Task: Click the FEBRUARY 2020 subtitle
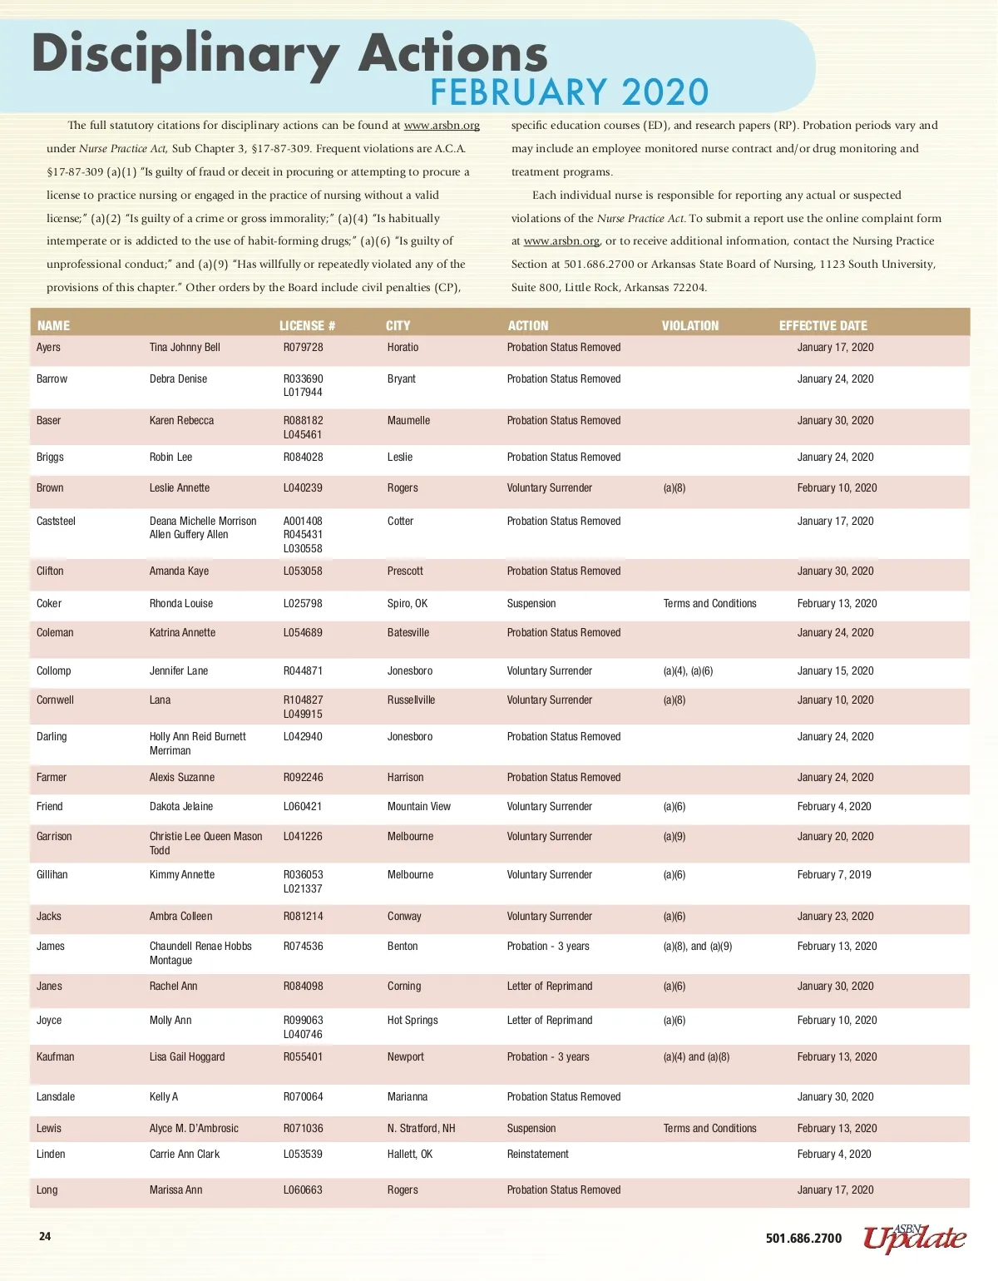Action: point(569,92)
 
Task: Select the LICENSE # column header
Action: point(307,326)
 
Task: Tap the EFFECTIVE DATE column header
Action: point(823,326)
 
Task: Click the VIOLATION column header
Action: point(689,326)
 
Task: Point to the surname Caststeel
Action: point(56,522)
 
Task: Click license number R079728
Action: point(303,348)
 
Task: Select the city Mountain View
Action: point(418,807)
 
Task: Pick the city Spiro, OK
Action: point(407,604)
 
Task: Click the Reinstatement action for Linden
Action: point(537,1155)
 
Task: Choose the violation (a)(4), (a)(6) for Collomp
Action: point(688,671)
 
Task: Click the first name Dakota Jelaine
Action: point(180,807)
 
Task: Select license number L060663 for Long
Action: point(303,1190)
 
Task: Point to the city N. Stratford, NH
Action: point(421,1129)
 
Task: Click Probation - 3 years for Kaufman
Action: point(547,1057)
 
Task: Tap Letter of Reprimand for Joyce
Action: point(549,1021)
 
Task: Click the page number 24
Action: point(45,1237)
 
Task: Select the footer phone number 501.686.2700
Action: point(803,1239)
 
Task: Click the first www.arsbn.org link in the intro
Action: point(442,126)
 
